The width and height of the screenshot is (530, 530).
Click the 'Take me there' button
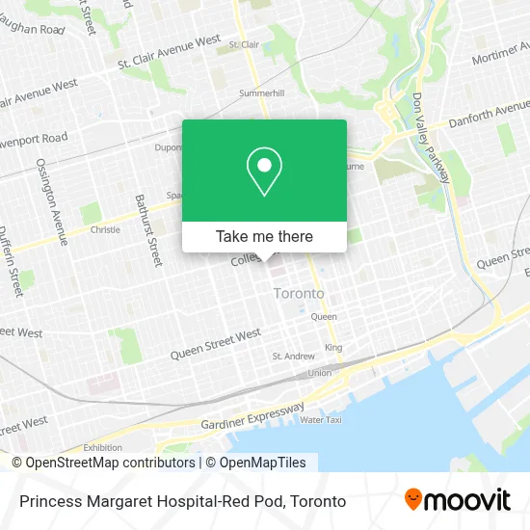264,236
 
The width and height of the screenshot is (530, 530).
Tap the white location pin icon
264,172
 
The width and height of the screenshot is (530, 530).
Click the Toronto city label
299,293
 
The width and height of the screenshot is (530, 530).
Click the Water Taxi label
320,420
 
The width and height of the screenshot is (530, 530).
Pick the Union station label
319,373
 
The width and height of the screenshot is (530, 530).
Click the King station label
333,347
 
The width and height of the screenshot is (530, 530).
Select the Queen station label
323,316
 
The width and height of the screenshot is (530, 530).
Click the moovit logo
458,500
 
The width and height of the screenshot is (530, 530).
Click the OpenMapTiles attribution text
254,463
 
